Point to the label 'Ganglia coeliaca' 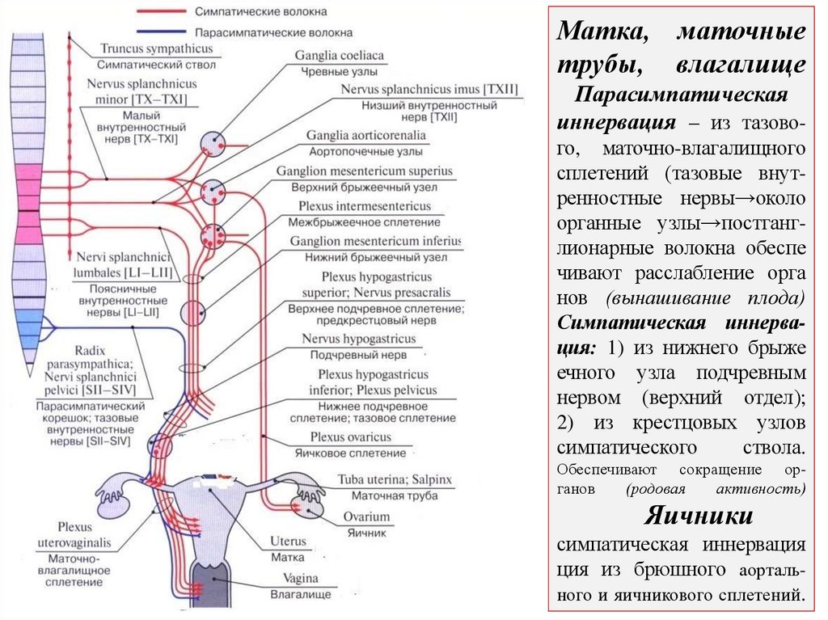coord(340,56)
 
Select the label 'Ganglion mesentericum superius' coord(365,171)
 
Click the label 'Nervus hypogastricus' coord(359,339)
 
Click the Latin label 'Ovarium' coord(365,517)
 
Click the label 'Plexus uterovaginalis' coord(74,535)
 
